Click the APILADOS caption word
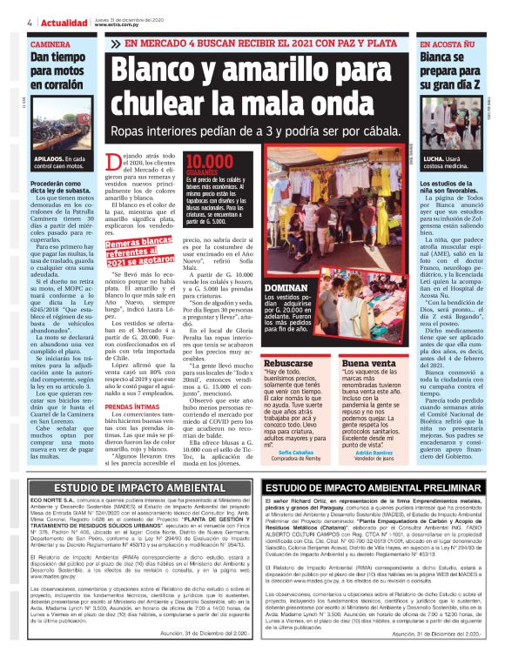click(50, 160)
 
